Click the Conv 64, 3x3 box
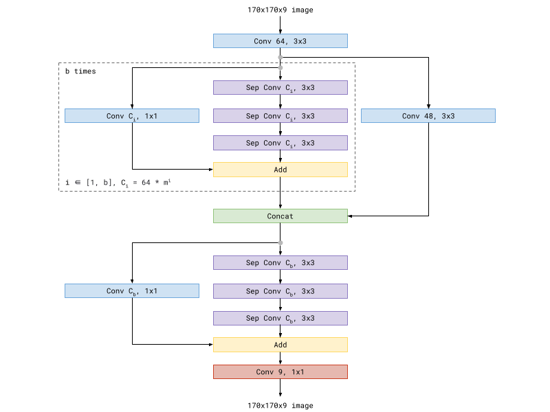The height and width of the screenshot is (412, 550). pos(280,41)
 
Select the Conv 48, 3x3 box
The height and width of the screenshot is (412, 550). pos(428,116)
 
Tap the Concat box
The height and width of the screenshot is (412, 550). pos(280,216)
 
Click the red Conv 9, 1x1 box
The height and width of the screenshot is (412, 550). pos(280,371)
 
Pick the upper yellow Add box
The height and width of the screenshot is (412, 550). pos(280,170)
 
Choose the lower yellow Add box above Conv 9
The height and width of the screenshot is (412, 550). pos(280,345)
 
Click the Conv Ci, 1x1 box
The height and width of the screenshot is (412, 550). pos(132,116)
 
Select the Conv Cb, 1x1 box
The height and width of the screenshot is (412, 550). pos(132,291)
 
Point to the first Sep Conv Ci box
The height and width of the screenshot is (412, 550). pos(280,88)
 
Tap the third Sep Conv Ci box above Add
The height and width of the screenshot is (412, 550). pos(280,143)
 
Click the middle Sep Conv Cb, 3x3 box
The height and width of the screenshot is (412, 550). pos(280,291)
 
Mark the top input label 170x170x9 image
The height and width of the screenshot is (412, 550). pos(280,10)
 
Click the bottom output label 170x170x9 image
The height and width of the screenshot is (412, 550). pos(280,406)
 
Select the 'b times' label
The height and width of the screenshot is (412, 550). pos(80,71)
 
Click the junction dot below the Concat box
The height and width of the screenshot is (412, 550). pos(280,242)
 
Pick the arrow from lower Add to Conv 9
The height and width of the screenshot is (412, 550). pos(280,358)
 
